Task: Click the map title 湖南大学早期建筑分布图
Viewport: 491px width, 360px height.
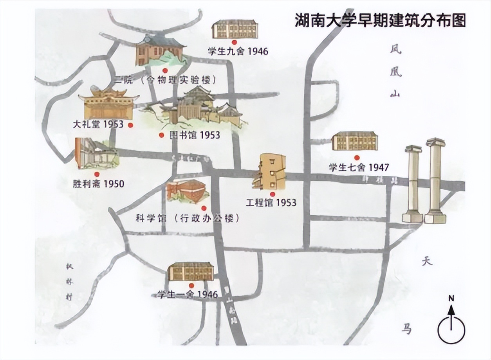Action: pyautogui.click(x=380, y=20)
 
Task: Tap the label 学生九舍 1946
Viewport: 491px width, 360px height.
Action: pyautogui.click(x=238, y=51)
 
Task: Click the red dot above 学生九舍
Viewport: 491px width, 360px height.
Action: pyautogui.click(x=234, y=42)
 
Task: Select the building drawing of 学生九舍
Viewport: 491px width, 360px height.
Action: pyautogui.click(x=235, y=29)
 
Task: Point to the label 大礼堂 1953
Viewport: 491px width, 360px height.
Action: pyautogui.click(x=98, y=124)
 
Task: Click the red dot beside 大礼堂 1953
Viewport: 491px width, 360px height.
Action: pyautogui.click(x=131, y=125)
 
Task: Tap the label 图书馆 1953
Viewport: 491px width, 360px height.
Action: pyautogui.click(x=195, y=135)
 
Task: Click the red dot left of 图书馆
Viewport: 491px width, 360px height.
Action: pyautogui.click(x=161, y=135)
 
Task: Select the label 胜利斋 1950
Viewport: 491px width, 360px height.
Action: pyautogui.click(x=98, y=183)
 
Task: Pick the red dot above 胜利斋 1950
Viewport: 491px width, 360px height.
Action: pyautogui.click(x=97, y=174)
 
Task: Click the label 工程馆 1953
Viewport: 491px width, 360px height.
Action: pyautogui.click(x=271, y=203)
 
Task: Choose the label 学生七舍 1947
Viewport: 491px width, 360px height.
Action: pyautogui.click(x=359, y=167)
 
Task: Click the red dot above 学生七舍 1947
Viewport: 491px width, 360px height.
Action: pyautogui.click(x=357, y=157)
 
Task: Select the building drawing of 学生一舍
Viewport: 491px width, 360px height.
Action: pyautogui.click(x=191, y=272)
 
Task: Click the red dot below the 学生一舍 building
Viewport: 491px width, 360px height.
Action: pyautogui.click(x=191, y=286)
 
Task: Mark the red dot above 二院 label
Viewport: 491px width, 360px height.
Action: pyautogui.click(x=165, y=70)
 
